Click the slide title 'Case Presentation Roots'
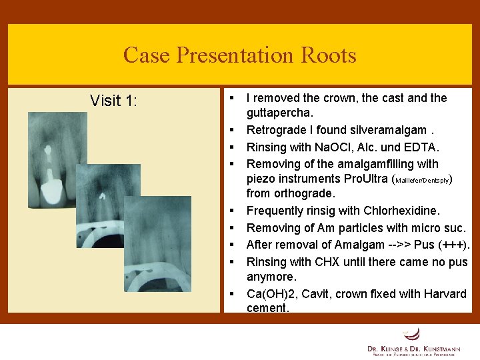239,55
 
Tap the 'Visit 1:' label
114,101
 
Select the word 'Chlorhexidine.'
402,211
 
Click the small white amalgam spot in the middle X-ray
102,196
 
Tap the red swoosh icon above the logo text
413,333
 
